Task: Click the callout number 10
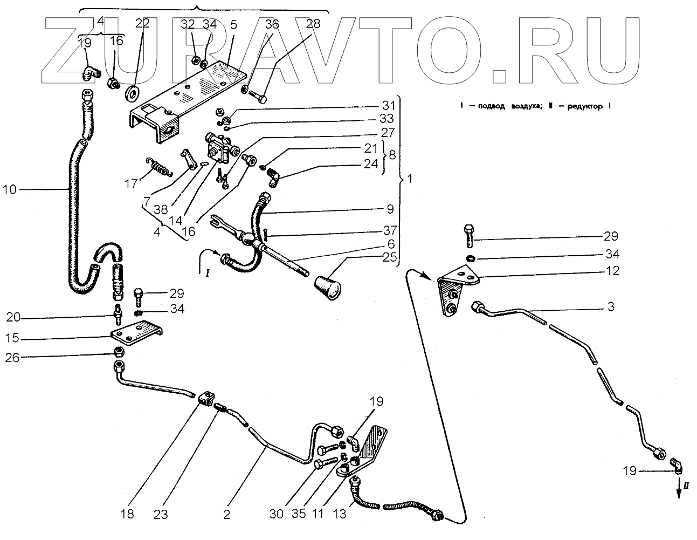[x=11, y=189]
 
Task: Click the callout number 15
[x=12, y=339]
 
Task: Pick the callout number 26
[x=12, y=357]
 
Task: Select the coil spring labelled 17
[x=160, y=166]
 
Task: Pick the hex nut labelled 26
[x=120, y=353]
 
